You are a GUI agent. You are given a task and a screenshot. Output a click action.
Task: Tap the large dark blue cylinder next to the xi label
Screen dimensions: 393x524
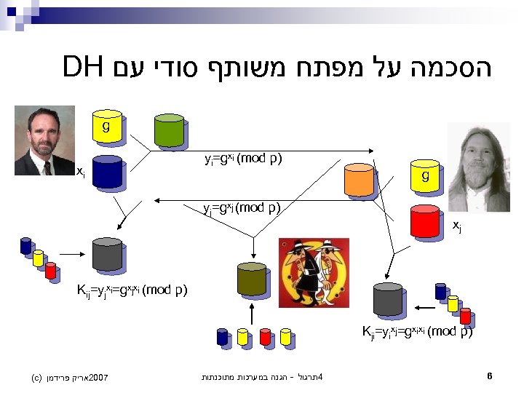tap(107, 172)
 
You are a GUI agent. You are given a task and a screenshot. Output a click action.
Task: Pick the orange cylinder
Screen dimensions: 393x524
tap(359, 179)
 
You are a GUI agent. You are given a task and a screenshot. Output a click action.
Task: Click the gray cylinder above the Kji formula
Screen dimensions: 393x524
tap(388, 298)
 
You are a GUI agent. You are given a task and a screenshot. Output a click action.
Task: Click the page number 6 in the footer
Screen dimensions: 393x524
tap(491, 376)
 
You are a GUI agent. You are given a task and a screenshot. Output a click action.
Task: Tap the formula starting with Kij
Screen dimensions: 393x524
tap(132, 291)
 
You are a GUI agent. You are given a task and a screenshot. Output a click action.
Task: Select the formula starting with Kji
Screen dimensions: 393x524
tap(417, 333)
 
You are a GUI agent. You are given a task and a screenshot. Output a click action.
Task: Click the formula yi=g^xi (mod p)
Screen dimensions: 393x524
tap(243, 159)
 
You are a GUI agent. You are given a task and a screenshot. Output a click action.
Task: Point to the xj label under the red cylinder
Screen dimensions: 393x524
tap(456, 226)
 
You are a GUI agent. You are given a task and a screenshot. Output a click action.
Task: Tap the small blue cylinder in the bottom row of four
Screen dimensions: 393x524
tap(222, 336)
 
